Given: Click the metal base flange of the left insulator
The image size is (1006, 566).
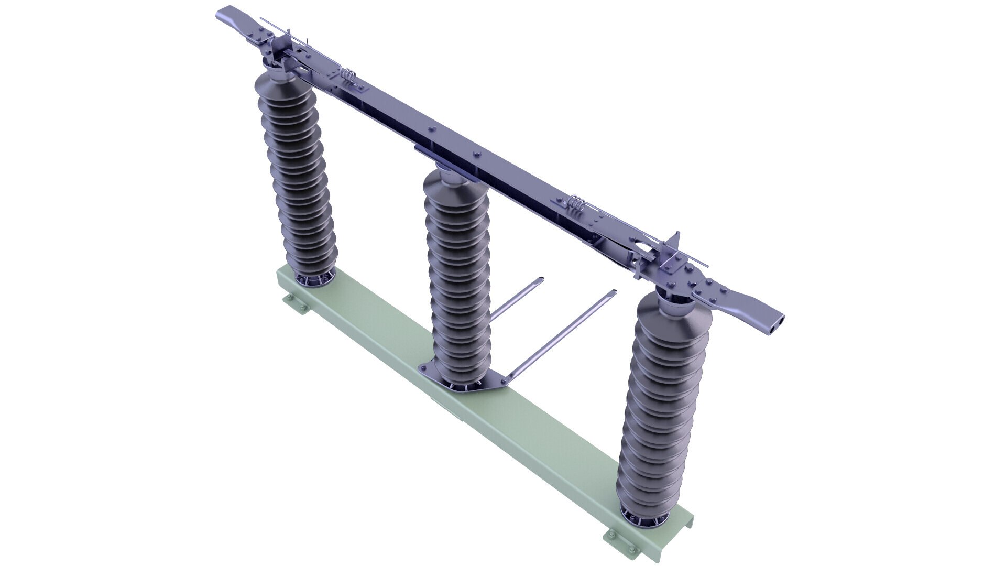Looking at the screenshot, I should (x=314, y=280).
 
